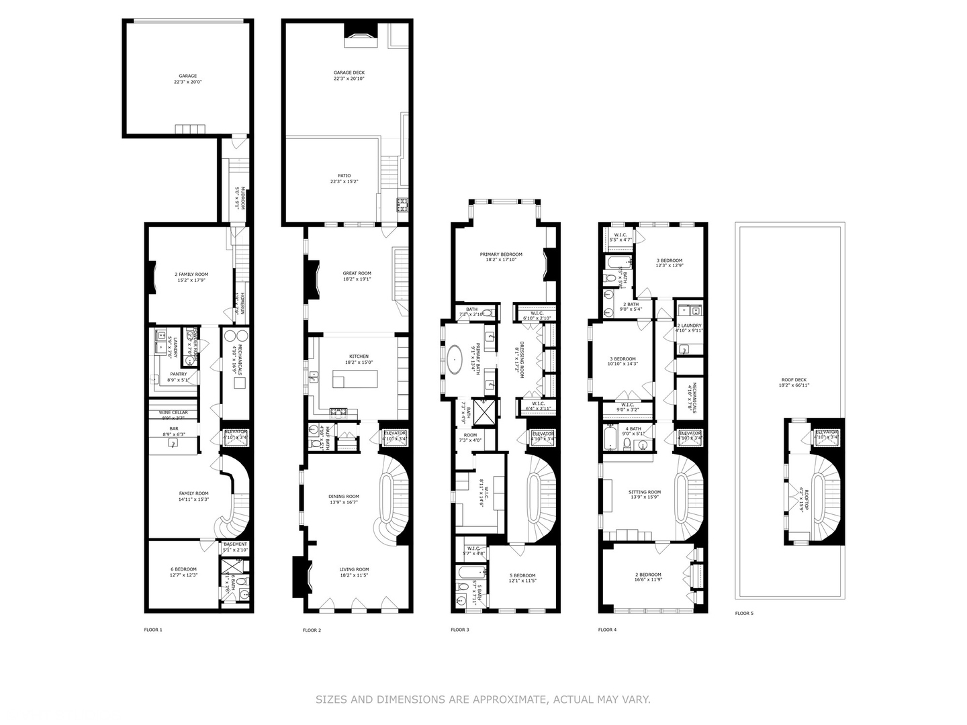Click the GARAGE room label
[187, 76]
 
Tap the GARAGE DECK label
[349, 72]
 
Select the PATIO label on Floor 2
[344, 176]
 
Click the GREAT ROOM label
[357, 273]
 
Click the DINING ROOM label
[344, 497]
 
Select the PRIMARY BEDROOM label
[500, 254]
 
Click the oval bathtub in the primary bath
[456, 360]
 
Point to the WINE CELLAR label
[173, 412]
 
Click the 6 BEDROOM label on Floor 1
[183, 569]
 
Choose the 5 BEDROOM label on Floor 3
[522, 575]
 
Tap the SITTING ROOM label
[645, 492]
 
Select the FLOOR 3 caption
[460, 630]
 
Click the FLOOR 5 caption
[744, 613]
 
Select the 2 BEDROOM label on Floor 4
[648, 575]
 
